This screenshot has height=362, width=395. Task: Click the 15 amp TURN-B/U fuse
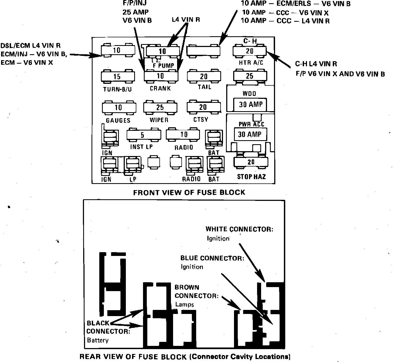point(118,77)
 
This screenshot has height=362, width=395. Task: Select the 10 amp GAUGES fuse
point(119,107)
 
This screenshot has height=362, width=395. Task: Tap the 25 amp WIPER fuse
point(160,107)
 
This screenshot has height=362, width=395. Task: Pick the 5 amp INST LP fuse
point(144,135)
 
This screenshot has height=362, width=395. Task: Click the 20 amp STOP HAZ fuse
point(251,162)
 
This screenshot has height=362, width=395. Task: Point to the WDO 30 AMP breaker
point(250,104)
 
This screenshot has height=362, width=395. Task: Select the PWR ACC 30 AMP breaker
point(250,134)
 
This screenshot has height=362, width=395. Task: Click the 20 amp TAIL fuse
point(204,76)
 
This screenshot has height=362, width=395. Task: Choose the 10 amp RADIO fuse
point(183,134)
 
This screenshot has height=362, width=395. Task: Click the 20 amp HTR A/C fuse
point(249,51)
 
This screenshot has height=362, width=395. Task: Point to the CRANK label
point(160,88)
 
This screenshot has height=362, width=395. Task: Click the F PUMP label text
point(163,65)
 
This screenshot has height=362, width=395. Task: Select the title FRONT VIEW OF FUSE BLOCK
point(189,192)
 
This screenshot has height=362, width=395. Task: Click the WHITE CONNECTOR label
point(239,229)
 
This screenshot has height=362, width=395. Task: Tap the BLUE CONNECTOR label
point(212,258)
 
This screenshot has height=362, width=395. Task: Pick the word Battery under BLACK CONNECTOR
point(98,340)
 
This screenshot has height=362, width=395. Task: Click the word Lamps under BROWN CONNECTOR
point(185,305)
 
